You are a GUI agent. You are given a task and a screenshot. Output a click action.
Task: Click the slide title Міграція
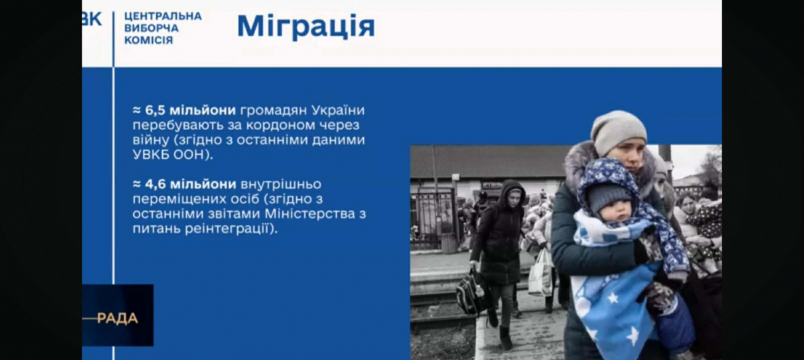[x=306, y=26]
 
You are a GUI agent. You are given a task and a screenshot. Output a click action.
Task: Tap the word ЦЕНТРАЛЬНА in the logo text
[x=163, y=17]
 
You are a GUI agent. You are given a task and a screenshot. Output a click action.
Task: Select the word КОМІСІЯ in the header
[x=149, y=40]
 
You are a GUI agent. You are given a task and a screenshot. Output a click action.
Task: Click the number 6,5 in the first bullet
[x=155, y=111]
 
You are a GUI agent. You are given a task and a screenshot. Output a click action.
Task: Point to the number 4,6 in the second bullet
[x=155, y=184]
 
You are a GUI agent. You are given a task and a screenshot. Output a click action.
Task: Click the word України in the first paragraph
[x=338, y=111]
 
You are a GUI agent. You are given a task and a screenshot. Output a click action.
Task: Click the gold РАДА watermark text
[x=118, y=318]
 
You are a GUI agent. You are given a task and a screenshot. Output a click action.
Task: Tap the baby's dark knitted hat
[x=608, y=196]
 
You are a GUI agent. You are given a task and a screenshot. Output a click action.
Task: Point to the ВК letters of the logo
[x=92, y=19]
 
